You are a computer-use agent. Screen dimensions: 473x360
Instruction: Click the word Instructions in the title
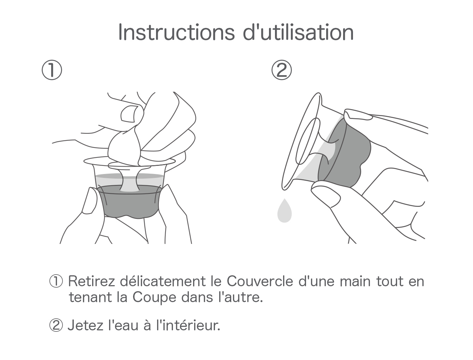coord(176,32)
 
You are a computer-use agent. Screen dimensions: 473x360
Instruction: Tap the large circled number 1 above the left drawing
coord(52,70)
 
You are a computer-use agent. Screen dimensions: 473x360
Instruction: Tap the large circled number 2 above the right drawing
coord(281,70)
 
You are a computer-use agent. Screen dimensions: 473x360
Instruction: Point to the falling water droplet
coord(284,211)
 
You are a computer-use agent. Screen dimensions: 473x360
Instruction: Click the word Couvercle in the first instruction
coord(260,281)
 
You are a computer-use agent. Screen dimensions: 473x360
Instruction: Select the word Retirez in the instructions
coord(91,281)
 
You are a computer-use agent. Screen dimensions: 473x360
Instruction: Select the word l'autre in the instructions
coord(240,297)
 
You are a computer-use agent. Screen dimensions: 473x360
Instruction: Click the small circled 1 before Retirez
coord(56,281)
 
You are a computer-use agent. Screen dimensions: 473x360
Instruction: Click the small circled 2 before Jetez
coord(56,325)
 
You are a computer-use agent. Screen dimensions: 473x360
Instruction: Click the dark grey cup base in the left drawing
coord(128,204)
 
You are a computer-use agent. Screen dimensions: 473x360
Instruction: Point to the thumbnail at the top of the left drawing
coord(128,114)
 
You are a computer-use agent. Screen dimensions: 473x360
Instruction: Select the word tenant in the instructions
coord(90,297)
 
